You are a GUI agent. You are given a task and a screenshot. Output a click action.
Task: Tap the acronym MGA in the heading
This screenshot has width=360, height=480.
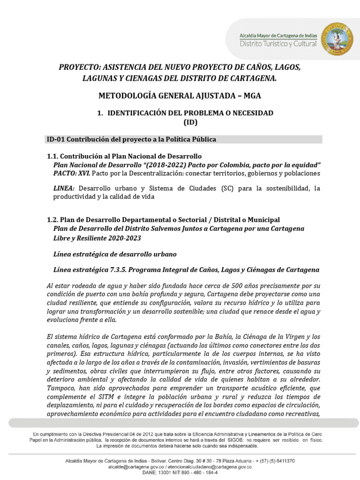pyautogui.click(x=251, y=96)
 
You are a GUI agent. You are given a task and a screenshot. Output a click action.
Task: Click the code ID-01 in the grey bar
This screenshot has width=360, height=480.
pyautogui.click(x=56, y=139)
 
